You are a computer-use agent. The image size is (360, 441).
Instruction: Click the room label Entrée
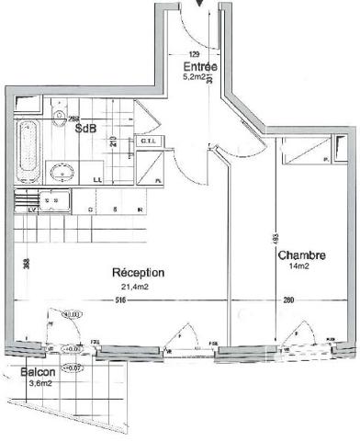point(199,67)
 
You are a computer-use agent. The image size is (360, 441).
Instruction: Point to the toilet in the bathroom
point(59,115)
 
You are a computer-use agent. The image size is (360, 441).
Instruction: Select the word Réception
point(138,273)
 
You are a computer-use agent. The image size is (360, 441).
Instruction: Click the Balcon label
point(37,372)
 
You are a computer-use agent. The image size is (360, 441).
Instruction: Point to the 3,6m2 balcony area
point(38,384)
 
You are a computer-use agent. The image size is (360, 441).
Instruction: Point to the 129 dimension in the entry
point(193,55)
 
